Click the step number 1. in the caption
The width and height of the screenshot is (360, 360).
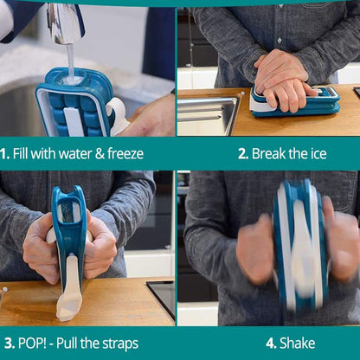(5, 154)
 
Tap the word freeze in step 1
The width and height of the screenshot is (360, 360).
(122, 154)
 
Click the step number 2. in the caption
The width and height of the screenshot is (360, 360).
(242, 154)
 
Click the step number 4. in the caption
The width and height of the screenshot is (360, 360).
(271, 344)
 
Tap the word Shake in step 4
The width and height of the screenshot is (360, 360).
(298, 344)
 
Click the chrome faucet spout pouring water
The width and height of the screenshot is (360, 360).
(65, 22)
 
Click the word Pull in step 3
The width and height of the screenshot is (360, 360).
(80, 344)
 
